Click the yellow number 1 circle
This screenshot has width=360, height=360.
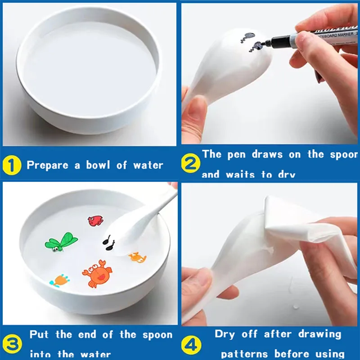(12, 165)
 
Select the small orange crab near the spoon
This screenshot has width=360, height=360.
(137, 257)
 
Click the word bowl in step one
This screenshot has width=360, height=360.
(98, 165)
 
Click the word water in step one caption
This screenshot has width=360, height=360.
(148, 165)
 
